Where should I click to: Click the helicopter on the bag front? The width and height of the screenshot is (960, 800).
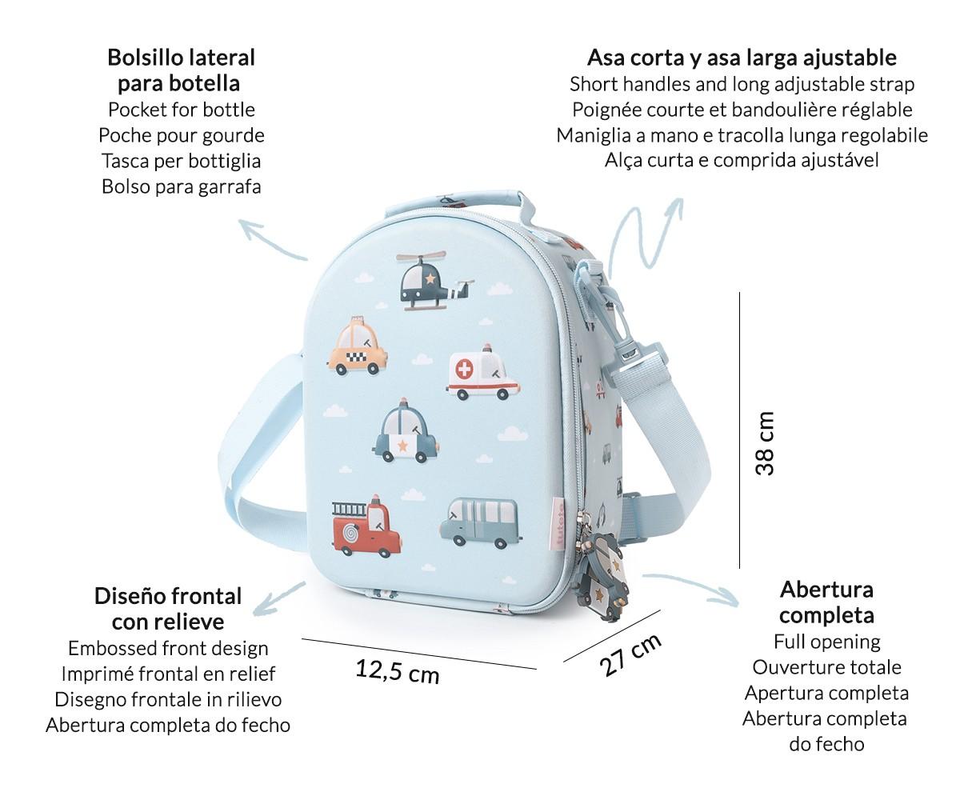point(434,281)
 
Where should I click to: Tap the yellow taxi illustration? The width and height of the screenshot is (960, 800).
point(358,346)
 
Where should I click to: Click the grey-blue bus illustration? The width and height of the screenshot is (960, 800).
point(481,522)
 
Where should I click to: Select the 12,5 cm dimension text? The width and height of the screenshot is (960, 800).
point(398,671)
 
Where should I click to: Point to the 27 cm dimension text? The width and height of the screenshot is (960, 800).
point(630,654)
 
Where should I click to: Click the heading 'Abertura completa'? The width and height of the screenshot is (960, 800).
point(826,602)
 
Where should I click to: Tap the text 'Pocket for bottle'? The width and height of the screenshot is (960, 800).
point(181,110)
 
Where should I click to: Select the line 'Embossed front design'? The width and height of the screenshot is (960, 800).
point(168,648)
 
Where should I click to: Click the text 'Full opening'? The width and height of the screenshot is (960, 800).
point(826,642)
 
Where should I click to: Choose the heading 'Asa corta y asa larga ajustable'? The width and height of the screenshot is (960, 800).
point(742,58)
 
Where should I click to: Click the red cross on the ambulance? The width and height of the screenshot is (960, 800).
point(464,369)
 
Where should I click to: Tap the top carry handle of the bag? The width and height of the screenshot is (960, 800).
point(460,205)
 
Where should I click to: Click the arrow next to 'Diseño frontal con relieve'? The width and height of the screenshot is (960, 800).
point(278,599)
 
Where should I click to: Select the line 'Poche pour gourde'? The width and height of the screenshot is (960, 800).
point(181,135)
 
